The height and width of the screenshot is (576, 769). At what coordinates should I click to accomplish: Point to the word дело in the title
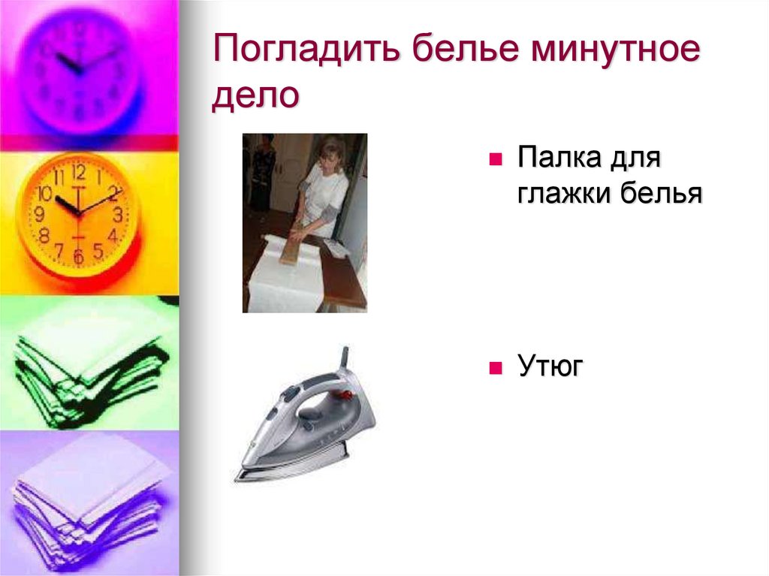(255, 97)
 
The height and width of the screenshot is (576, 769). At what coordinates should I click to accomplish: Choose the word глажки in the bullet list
(562, 194)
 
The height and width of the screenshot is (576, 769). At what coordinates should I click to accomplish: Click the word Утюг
(550, 367)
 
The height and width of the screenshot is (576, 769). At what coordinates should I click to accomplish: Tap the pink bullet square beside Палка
(495, 161)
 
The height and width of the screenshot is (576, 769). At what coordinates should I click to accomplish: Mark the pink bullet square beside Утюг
(495, 369)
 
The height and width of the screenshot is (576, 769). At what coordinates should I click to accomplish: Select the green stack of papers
(86, 364)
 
